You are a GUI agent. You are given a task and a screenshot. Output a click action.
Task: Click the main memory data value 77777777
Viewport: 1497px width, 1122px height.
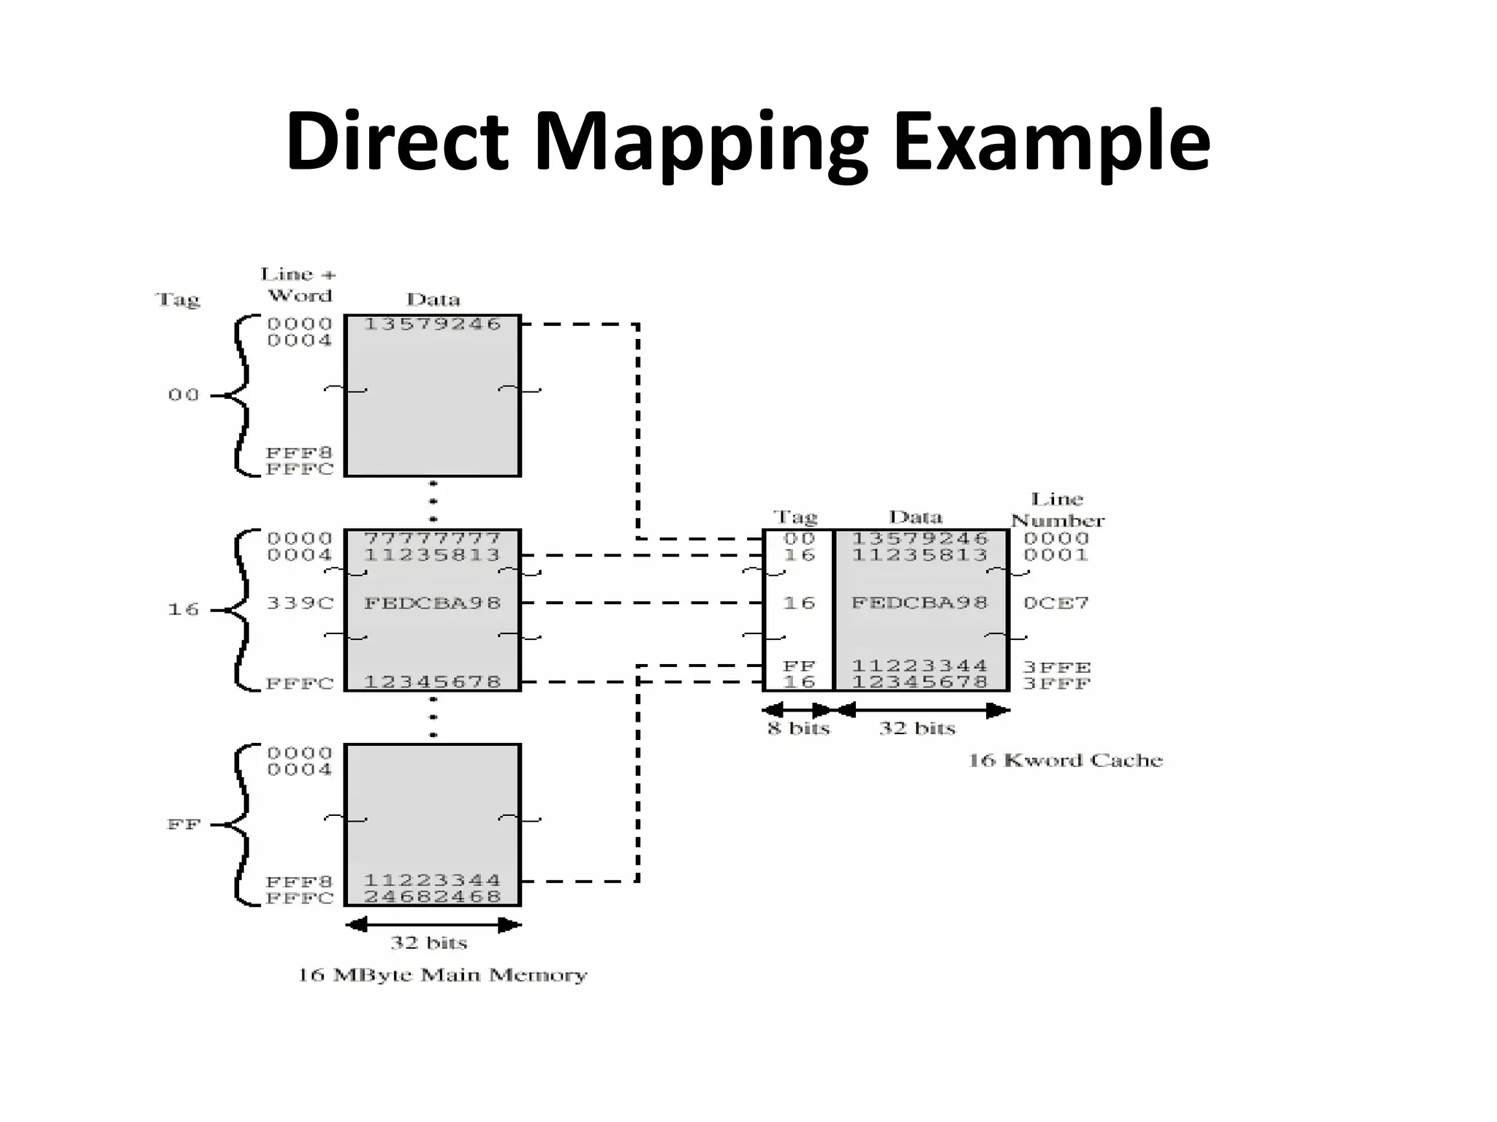coord(432,538)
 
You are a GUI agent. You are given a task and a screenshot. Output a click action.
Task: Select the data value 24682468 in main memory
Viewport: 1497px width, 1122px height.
coord(432,896)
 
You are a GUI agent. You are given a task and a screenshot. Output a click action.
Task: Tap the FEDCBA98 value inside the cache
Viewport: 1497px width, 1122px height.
coord(920,603)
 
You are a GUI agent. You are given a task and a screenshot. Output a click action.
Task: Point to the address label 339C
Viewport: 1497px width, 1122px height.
coord(300,603)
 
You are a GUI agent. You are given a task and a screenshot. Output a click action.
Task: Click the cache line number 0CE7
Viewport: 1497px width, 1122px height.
coord(1056,603)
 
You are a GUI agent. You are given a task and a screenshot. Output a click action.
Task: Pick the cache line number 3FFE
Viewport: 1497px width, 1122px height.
coord(1056,667)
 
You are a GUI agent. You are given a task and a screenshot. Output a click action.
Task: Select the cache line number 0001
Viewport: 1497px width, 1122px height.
coord(1056,555)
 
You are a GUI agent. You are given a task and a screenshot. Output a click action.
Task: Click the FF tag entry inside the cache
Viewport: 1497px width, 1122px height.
coord(799,666)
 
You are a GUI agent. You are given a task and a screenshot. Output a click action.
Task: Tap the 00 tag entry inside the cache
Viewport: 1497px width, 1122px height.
coord(799,538)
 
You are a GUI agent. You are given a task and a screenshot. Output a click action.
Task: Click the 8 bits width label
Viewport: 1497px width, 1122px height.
coord(799,728)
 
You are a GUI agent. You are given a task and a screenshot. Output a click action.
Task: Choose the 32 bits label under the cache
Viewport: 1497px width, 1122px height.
coord(917,728)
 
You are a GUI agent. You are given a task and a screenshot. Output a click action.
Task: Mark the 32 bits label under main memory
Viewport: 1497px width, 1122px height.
coord(428,942)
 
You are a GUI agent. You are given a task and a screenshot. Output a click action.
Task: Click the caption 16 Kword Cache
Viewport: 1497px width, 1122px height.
coord(1065,760)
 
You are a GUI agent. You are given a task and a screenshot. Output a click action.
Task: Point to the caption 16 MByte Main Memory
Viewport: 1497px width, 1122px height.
coord(442,975)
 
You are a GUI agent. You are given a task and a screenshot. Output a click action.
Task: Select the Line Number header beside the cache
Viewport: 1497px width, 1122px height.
coord(1057,510)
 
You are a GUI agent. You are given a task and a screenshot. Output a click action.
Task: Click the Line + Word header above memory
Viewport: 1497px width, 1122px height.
coord(299,285)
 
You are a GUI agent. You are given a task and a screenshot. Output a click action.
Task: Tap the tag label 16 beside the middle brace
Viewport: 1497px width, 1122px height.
coord(183,609)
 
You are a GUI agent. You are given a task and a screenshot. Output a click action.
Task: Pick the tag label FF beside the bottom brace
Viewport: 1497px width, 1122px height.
coord(183,825)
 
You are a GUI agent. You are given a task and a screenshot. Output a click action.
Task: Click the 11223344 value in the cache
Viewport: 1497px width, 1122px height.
coord(920,666)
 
